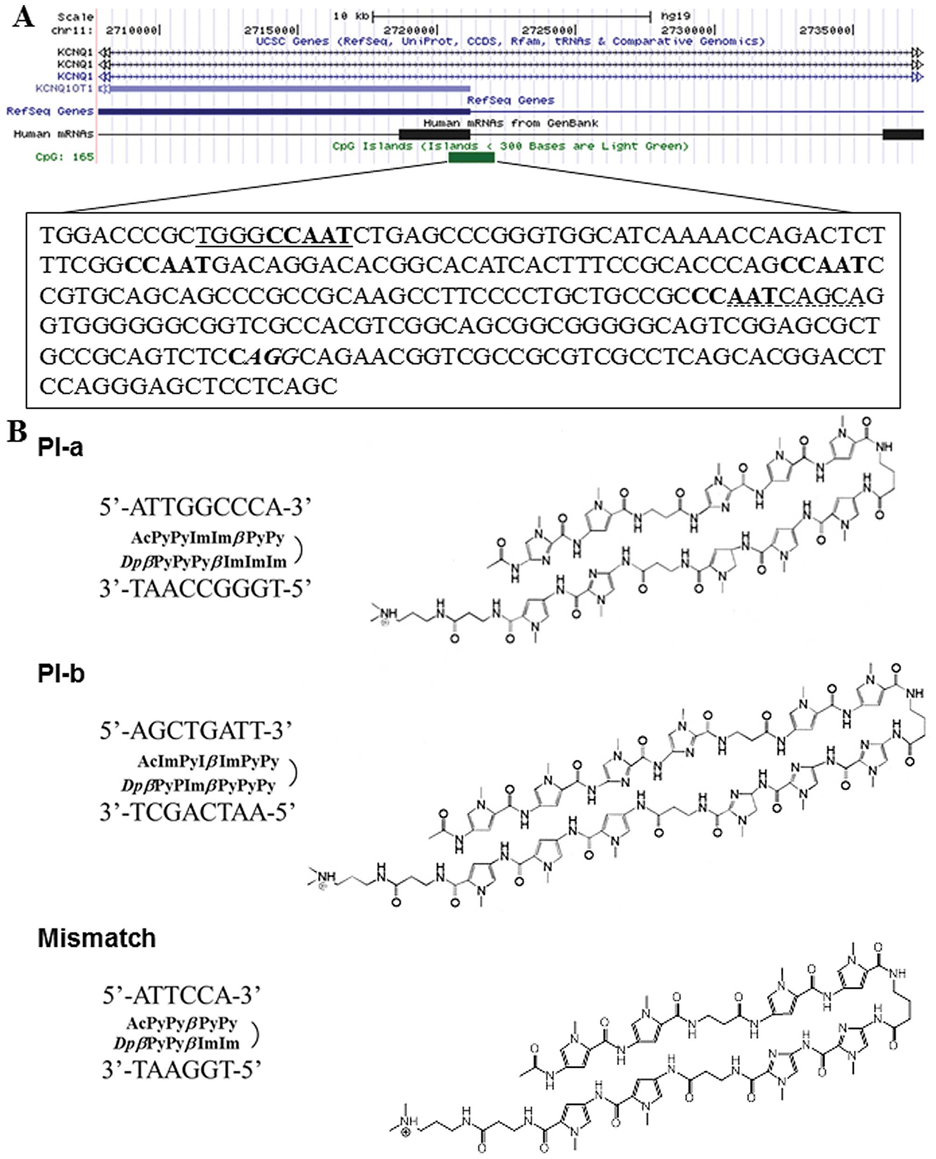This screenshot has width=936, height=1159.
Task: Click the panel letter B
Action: [17, 431]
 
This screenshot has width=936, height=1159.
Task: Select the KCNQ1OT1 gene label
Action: [63, 88]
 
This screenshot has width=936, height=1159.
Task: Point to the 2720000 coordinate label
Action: [409, 30]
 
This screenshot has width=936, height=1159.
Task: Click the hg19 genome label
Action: [675, 16]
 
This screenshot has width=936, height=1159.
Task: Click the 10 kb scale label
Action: [351, 16]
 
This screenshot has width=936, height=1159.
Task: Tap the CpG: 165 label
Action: [65, 157]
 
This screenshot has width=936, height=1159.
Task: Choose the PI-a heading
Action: [61, 448]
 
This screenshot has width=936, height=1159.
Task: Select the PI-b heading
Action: [61, 674]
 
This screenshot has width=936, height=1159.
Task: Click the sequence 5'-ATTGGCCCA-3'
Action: [206, 507]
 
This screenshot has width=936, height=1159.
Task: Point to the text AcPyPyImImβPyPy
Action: [207, 538]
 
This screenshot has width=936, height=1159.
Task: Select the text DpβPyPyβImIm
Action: [176, 1043]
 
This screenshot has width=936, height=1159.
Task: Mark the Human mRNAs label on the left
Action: [54, 134]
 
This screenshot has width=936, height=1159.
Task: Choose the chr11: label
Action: [72, 30]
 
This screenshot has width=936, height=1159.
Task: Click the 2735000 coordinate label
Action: [825, 30]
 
